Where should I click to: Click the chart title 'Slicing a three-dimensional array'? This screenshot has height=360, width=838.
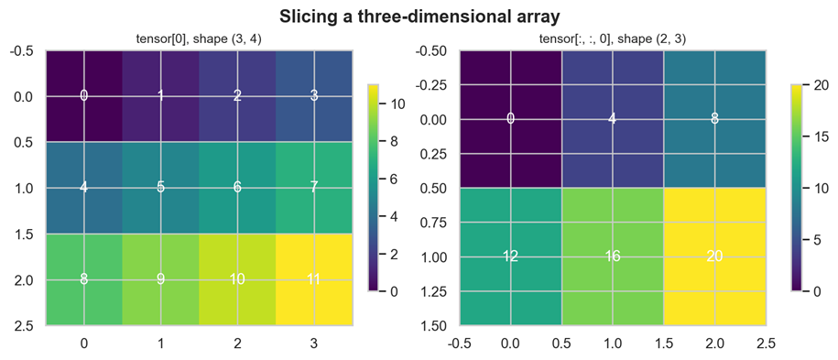point(419,16)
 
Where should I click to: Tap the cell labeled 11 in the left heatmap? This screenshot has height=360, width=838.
point(314,279)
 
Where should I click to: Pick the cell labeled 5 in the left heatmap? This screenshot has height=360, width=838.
point(161,188)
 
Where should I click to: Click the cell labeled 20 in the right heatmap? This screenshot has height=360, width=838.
point(714,256)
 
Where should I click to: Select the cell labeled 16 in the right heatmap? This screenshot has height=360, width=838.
point(613,256)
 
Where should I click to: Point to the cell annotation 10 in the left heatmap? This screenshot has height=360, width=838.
point(237,279)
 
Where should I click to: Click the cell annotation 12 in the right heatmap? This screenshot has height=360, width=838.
point(510,256)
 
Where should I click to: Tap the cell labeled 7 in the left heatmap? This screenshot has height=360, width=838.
point(314,188)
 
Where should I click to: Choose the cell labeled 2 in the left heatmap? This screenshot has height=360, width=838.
point(237,96)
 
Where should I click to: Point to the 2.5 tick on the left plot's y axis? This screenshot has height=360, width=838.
point(25,325)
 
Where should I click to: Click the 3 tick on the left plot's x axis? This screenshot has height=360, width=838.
point(314,343)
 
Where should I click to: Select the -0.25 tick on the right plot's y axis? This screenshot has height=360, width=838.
point(434,85)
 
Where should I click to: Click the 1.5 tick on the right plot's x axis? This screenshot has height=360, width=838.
point(664,343)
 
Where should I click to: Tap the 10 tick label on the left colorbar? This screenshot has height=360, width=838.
point(397,104)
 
